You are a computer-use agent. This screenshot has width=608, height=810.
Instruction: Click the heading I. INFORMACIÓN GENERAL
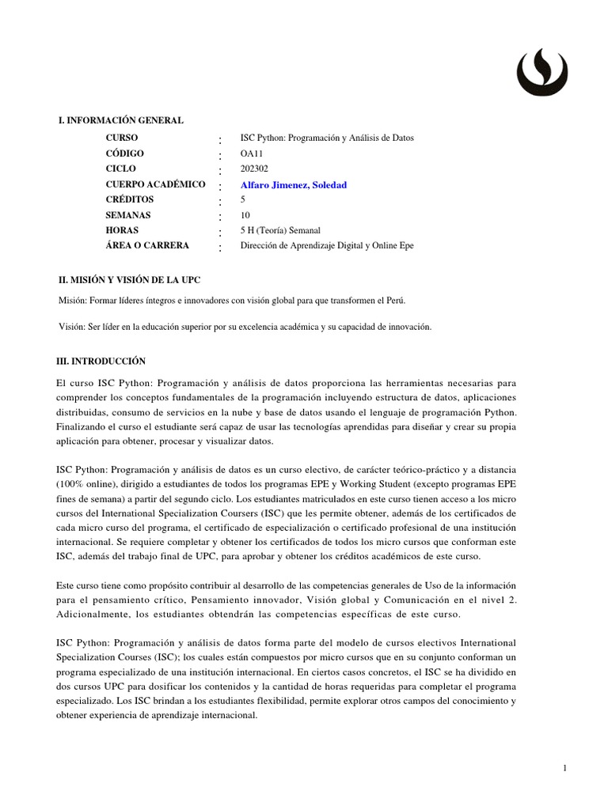point(121,120)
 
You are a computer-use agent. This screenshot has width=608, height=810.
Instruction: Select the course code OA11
point(252,153)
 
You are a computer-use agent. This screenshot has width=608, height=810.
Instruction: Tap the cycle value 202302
point(255,168)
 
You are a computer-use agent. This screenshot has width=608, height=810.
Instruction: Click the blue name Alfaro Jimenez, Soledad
point(294,184)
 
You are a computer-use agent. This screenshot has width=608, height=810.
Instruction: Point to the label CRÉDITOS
point(131,199)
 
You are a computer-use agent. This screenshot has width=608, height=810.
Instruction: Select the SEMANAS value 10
point(245,215)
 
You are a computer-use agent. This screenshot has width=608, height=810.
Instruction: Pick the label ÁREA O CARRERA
point(147,245)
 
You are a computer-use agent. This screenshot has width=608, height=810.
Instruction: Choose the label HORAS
point(122,230)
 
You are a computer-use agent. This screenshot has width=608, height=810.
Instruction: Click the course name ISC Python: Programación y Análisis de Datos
point(327,138)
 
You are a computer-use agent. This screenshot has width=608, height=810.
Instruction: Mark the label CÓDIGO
point(125,153)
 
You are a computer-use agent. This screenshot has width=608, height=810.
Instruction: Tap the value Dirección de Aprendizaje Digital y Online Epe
point(327,245)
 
